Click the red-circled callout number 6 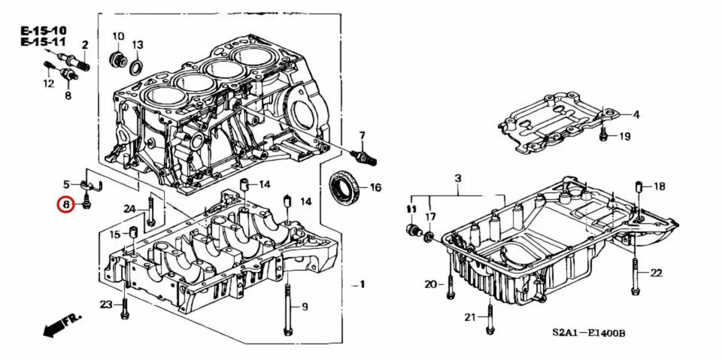tap(65, 204)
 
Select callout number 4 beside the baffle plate tap(636, 114)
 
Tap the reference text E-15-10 tap(44, 31)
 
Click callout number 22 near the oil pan tap(656, 273)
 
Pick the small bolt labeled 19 tap(603, 136)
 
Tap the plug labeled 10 tap(117, 59)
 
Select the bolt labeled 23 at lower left tap(125, 305)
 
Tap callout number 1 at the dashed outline tap(362, 284)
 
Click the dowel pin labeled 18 tap(639, 186)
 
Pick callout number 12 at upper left tap(48, 83)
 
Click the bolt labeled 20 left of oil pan tap(449, 284)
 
